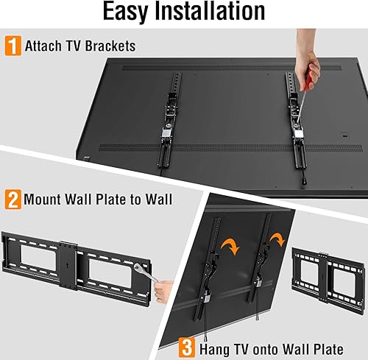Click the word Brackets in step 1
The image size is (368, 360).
[110, 46]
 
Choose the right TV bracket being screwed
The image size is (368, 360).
[299, 125]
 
